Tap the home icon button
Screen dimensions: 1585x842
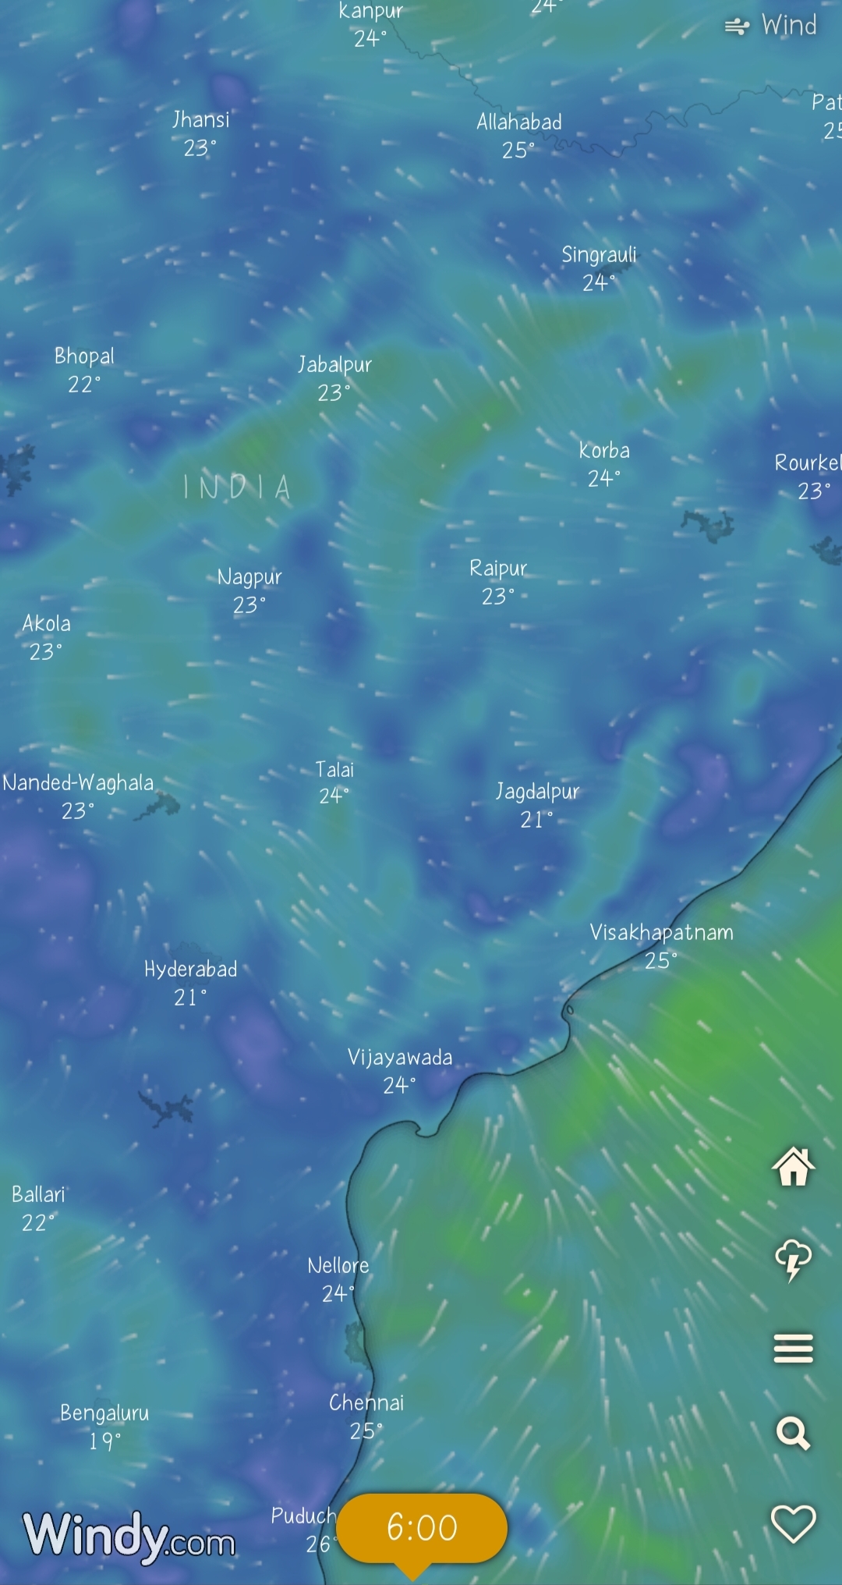point(793,1167)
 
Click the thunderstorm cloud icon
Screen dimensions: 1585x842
point(793,1259)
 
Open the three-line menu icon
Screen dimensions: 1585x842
point(793,1348)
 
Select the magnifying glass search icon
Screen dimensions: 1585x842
point(793,1434)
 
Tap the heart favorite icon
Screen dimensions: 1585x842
point(793,1523)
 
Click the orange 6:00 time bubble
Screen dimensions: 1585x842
point(422,1527)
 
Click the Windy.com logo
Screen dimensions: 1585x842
point(129,1537)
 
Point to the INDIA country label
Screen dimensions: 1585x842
point(237,488)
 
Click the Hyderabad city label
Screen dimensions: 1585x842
point(190,970)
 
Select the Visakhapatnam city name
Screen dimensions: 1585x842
point(661,933)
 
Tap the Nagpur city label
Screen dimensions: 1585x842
point(249,577)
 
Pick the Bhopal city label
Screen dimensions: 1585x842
point(84,356)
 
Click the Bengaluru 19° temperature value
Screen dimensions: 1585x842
point(104,1441)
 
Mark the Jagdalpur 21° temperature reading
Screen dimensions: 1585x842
point(536,820)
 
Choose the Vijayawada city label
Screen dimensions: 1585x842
point(400,1058)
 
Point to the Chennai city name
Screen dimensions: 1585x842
point(366,1403)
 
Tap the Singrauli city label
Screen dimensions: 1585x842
point(599,255)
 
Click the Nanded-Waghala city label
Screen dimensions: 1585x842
point(78,783)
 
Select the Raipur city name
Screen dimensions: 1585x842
point(498,569)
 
